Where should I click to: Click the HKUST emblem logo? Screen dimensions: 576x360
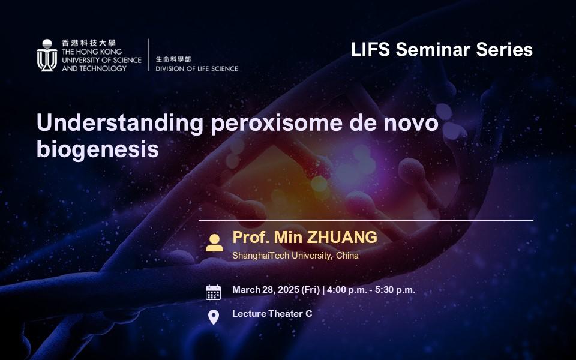47,55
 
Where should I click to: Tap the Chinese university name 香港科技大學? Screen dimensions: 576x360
89,43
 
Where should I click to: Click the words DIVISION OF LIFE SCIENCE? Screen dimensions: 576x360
197,68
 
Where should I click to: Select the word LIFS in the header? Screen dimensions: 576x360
370,49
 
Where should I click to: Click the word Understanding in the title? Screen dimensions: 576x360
120,122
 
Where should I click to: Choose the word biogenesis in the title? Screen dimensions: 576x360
98,150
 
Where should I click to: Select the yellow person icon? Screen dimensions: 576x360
214,243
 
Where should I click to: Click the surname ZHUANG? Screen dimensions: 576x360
341,237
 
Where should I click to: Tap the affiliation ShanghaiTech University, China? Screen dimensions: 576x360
295,256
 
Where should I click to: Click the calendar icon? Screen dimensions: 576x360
213,292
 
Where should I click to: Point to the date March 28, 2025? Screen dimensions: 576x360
266,290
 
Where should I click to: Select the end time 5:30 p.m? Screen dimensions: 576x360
395,290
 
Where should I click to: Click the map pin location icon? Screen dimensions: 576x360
214,317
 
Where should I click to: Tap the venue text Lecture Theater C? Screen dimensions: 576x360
272,314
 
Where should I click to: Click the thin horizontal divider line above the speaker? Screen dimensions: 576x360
366,220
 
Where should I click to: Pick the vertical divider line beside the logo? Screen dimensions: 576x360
148,55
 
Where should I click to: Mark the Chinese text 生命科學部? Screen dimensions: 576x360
173,59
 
